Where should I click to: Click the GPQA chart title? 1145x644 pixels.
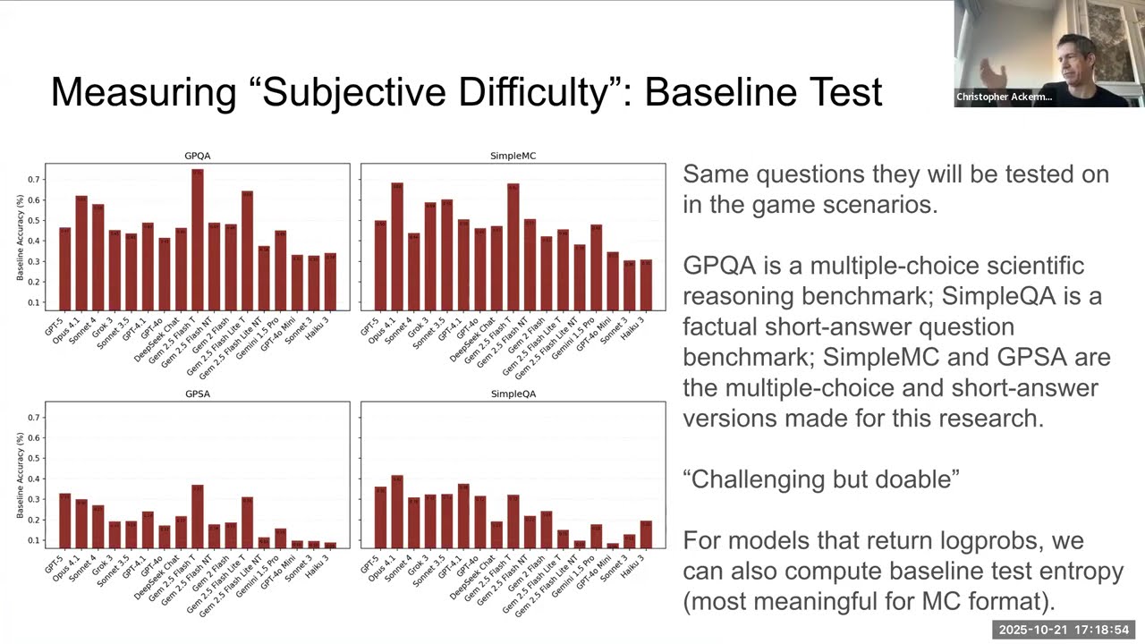pos(197,156)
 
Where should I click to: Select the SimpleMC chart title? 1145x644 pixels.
pos(513,156)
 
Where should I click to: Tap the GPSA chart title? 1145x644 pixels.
pos(197,394)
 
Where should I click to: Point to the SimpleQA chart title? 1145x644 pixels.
pos(513,394)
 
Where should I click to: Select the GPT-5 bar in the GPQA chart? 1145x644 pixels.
pos(64,269)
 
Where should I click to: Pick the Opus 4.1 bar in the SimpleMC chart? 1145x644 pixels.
pos(397,247)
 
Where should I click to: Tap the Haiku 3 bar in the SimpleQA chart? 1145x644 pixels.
pos(646,534)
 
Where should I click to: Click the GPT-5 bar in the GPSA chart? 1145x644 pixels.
pos(64,520)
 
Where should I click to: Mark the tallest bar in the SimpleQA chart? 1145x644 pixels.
pos(397,511)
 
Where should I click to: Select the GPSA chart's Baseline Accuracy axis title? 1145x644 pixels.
pos(21,475)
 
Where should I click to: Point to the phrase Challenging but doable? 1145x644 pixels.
pos(820,479)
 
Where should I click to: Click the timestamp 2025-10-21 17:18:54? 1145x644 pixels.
pos(1064,631)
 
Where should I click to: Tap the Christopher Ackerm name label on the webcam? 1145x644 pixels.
pos(1004,97)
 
